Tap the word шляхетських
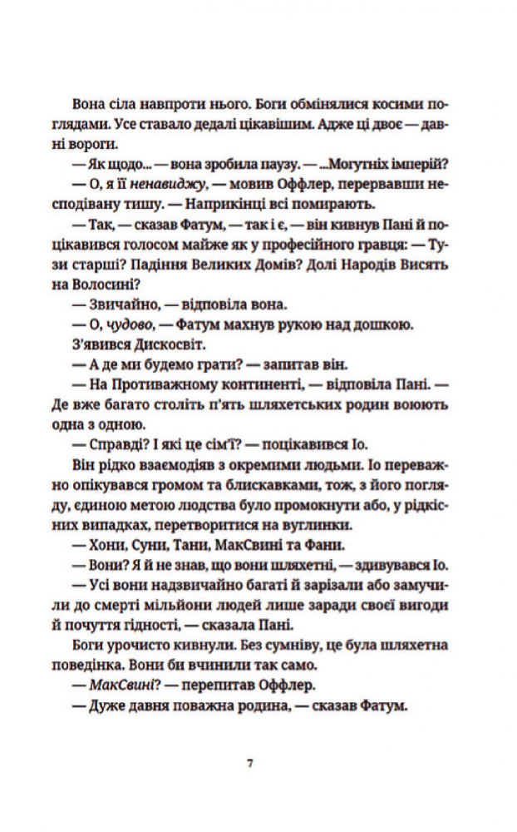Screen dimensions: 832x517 click(x=298, y=409)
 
